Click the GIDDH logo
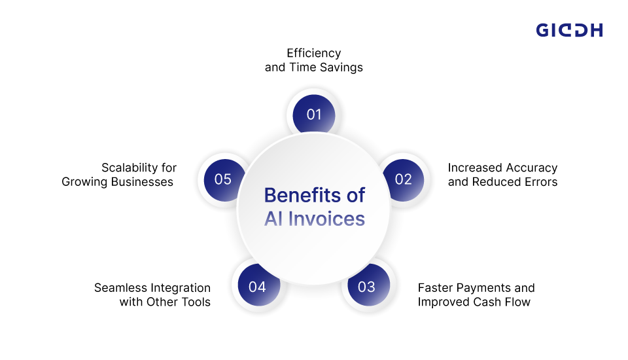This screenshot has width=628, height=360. (569, 30)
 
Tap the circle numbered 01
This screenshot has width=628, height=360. (314, 114)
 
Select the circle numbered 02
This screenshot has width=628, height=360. (404, 180)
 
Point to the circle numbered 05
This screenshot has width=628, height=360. (224, 180)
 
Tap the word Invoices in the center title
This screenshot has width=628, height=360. (326, 219)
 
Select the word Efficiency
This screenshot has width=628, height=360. (313, 53)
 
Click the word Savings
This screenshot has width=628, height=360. (341, 67)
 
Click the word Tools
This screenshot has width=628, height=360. (196, 302)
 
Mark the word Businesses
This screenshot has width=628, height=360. (142, 182)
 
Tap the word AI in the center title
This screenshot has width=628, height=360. (273, 219)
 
